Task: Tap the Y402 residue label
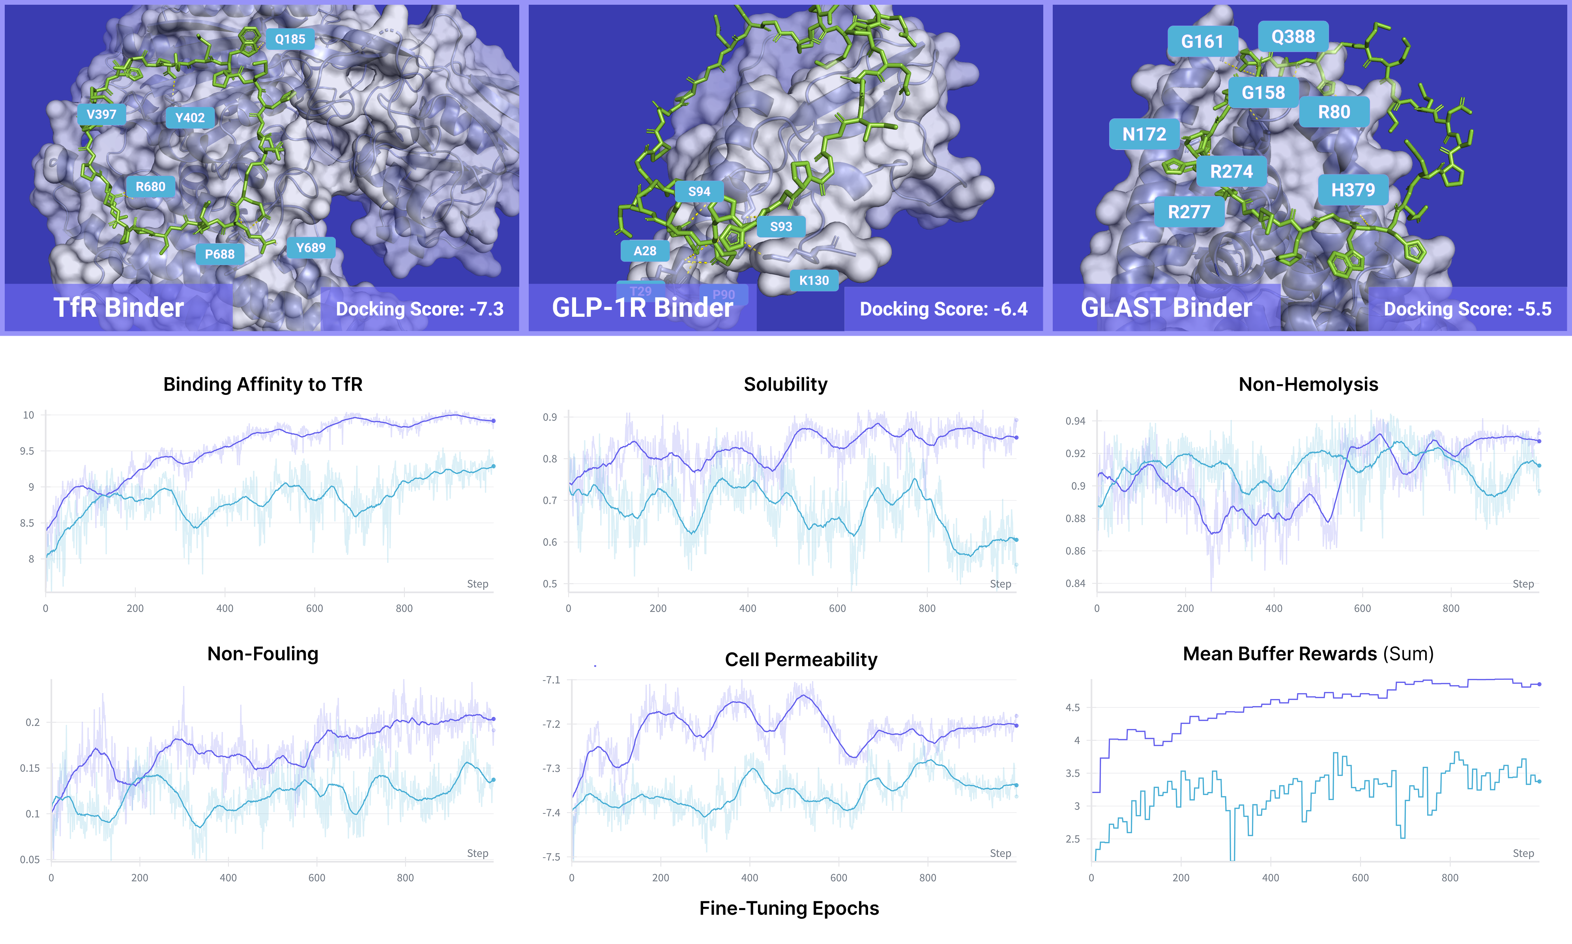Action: coord(189,118)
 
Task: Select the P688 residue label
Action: coord(219,254)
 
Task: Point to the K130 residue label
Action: coord(814,280)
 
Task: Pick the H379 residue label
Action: coord(1353,190)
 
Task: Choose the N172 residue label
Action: coord(1144,134)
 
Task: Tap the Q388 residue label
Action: coord(1293,37)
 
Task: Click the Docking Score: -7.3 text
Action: coord(419,309)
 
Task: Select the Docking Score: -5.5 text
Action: coord(1467,309)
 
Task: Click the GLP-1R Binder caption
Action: coord(642,308)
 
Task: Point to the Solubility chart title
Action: coord(785,384)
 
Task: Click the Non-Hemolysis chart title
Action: coord(1308,384)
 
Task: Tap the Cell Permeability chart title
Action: coord(801,660)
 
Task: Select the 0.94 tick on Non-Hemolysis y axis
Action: coord(1075,421)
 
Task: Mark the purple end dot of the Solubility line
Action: coord(1016,437)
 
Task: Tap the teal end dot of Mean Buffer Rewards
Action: coord(1539,781)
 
